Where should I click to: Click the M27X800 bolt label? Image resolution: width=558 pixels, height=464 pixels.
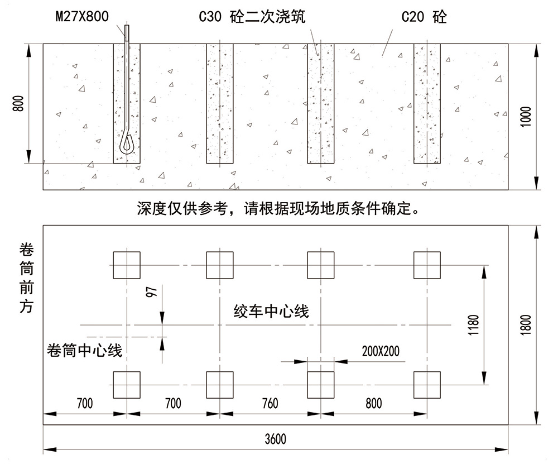click(82, 17)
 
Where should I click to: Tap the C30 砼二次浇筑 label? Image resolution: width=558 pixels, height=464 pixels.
click(252, 17)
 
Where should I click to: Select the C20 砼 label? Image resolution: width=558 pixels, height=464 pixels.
click(424, 17)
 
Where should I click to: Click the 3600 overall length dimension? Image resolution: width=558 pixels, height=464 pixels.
click(275, 439)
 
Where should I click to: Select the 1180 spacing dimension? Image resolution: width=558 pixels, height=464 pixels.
click(474, 325)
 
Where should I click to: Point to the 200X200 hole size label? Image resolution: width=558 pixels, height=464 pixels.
click(381, 351)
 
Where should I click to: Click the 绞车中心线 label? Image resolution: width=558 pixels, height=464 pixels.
click(272, 311)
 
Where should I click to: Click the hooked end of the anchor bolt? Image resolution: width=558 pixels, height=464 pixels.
click(127, 145)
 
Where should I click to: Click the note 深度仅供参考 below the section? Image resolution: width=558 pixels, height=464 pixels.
click(277, 209)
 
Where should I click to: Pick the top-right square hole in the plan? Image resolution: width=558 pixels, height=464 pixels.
click(427, 265)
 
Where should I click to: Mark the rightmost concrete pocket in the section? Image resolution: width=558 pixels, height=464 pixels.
click(427, 103)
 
